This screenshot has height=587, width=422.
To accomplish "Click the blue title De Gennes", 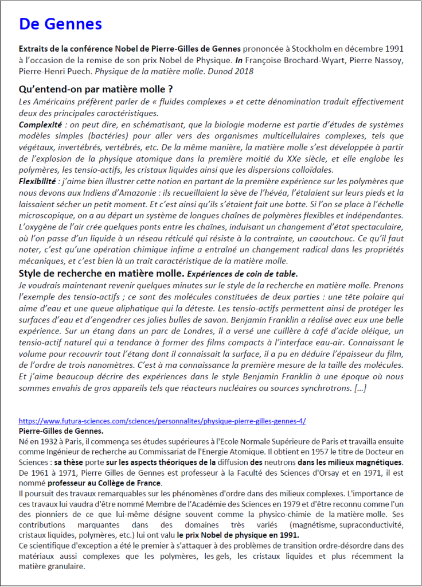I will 60,24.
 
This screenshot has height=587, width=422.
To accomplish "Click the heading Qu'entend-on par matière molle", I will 96,90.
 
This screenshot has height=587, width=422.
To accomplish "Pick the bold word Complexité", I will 41,124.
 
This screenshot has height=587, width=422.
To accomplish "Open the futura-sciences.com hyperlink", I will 162,421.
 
